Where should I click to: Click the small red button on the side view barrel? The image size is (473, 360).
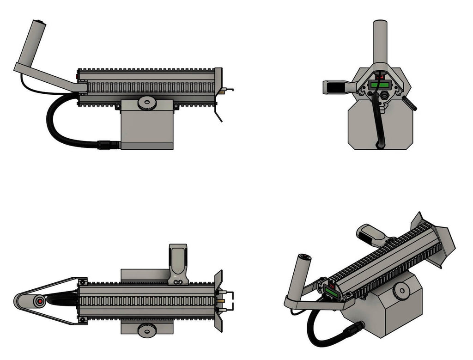click(77, 76)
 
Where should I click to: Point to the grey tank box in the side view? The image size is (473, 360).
click(147, 129)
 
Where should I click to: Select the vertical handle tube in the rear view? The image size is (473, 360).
click(380, 39)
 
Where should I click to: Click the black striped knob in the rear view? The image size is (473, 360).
click(409, 103)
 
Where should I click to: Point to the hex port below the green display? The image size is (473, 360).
click(383, 96)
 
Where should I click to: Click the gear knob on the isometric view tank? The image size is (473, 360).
click(400, 291)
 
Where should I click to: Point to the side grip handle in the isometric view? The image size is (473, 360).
click(371, 233)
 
